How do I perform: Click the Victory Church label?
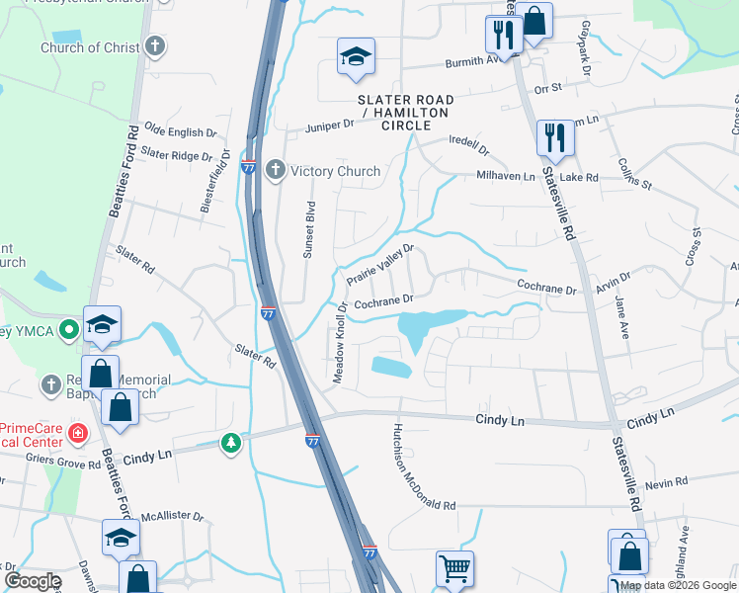click(336, 171)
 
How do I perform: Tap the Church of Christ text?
click(90, 47)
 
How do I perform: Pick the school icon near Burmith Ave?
click(355, 56)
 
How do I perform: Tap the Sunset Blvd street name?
click(309, 229)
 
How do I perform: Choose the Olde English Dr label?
click(180, 131)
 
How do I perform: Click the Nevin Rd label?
click(666, 483)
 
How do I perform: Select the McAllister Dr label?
click(171, 516)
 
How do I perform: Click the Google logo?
click(33, 581)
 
